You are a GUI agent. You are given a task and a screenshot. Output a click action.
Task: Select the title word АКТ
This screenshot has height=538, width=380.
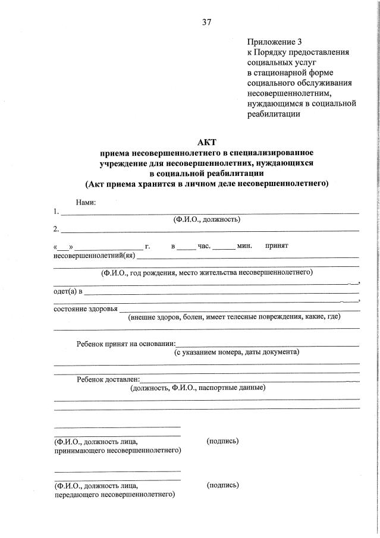tap(206, 141)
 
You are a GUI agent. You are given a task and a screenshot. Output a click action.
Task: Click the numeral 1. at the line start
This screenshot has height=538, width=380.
tap(56, 211)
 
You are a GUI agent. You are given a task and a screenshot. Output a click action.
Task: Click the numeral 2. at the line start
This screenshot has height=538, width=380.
tap(56, 228)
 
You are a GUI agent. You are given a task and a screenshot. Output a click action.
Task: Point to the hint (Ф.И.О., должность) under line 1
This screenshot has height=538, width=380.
tap(206, 219)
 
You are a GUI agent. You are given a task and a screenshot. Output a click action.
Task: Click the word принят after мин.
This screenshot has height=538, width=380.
tap(277, 246)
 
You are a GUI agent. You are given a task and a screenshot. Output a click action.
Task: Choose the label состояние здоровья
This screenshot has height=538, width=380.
tap(85, 309)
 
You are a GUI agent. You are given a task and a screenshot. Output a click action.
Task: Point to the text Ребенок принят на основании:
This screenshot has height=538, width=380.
tap(126, 343)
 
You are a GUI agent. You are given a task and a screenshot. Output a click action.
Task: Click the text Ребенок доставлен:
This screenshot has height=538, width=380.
tap(108, 378)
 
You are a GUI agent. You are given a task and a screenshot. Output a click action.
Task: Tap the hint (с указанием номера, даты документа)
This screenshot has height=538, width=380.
tap(237, 352)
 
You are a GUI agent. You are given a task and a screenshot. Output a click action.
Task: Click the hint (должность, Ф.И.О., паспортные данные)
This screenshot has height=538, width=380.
tap(197, 388)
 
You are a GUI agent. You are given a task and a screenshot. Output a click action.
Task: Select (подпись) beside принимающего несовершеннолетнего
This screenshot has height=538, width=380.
tap(222, 441)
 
